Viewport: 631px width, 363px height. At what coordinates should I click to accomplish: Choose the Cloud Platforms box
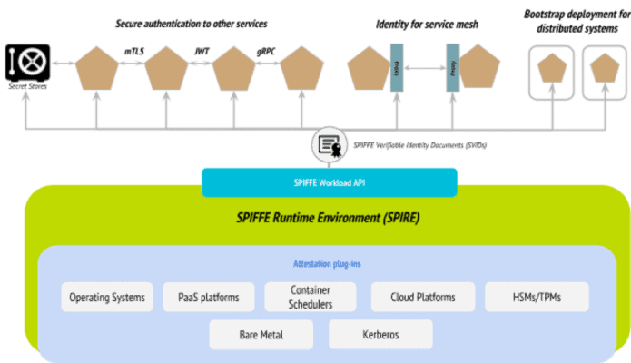422,297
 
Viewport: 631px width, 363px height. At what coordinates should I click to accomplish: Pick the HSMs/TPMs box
537,297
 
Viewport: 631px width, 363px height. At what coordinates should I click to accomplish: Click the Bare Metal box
261,334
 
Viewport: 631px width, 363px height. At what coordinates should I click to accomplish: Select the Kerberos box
380,334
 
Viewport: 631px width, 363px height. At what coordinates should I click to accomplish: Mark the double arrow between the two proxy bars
424,68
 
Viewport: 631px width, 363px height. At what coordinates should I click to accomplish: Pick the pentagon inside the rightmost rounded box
602,68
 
